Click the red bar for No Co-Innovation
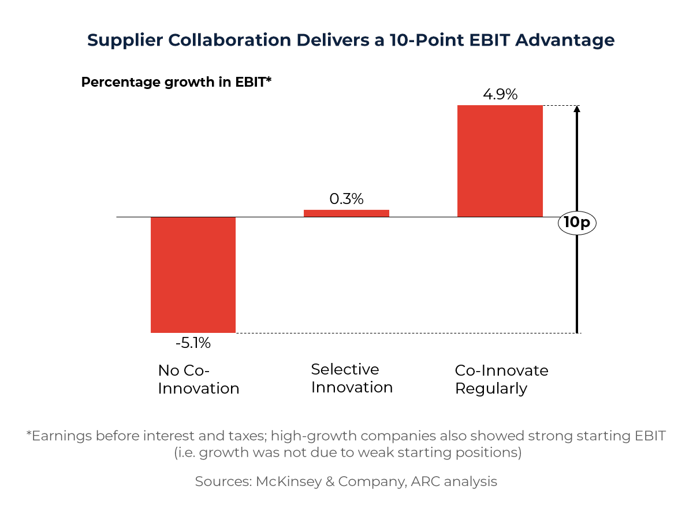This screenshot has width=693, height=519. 193,275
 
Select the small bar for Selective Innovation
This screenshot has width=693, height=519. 346,213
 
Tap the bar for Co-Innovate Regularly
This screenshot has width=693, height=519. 500,161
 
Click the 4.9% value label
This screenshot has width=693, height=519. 500,94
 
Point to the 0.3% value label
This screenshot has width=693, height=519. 346,199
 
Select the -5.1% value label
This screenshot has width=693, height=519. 193,343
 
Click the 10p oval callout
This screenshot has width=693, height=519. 577,223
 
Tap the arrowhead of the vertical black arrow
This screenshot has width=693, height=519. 577,110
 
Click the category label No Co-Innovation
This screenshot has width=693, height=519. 198,379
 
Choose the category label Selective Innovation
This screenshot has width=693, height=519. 352,378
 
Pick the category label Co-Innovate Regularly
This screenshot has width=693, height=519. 501,379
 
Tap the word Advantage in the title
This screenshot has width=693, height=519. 564,40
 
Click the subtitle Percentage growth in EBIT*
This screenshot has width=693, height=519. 176,82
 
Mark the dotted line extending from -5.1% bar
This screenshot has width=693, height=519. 404,333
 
